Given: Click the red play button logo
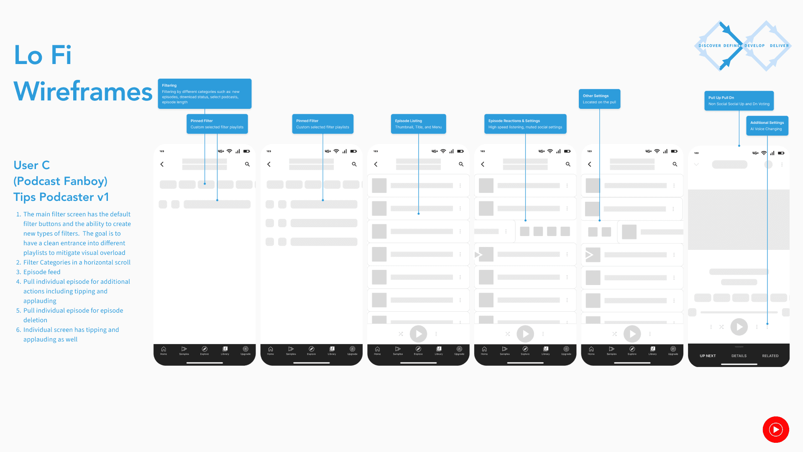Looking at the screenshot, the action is point(776,429).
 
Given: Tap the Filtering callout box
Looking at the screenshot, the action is point(205,94).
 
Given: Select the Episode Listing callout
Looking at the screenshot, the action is point(418,124).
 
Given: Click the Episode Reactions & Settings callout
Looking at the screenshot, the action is point(525,124).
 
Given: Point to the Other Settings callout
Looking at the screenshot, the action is point(599,99).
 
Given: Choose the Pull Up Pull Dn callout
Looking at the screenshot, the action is point(739,101).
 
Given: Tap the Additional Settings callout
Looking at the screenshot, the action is point(767,126).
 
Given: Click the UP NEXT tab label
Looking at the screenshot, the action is point(708,356).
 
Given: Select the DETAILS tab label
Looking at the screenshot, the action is point(739,356).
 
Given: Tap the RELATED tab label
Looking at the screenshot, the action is point(770,356).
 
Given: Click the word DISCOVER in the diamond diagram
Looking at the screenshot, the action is point(710,46).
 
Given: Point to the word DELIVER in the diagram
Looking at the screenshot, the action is point(779,46).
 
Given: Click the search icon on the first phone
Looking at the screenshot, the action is point(247,164).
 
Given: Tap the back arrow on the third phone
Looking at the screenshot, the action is point(376,164).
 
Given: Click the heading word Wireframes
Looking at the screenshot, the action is point(83,92).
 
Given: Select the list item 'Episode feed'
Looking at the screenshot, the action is point(42,272).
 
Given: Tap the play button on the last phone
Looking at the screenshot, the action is point(739,327).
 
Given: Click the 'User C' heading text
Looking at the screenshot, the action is point(32,165).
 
